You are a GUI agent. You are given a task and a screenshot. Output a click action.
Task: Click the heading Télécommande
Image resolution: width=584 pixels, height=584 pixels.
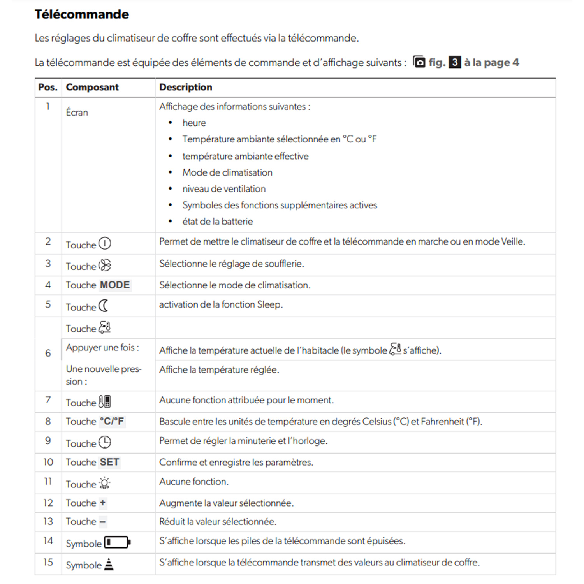coord(82,14)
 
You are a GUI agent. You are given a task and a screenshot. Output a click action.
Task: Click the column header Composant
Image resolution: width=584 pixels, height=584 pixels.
coord(92,87)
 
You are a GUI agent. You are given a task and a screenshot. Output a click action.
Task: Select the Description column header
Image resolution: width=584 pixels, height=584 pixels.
coord(186,87)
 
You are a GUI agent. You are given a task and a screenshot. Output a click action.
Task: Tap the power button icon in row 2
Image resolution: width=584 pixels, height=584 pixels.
coord(105,244)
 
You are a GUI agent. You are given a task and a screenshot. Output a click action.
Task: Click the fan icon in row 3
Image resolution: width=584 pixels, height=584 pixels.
coord(105,266)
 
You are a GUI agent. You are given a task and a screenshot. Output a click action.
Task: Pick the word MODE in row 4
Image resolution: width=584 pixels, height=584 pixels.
coord(115,285)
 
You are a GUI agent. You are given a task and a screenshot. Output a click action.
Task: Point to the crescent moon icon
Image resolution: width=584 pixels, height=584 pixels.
coord(104,306)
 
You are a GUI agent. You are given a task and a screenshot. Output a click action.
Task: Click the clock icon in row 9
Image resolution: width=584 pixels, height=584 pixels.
coord(105,442)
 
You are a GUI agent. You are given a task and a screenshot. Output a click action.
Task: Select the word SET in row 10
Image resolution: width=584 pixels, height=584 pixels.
coord(109,462)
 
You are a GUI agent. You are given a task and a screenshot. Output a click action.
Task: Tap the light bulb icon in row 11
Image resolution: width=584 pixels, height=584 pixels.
coord(104,484)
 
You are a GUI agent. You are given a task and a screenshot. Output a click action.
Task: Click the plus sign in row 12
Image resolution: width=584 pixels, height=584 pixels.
coord(102,503)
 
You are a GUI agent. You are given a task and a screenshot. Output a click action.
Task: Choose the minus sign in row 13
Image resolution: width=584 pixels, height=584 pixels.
coord(102,522)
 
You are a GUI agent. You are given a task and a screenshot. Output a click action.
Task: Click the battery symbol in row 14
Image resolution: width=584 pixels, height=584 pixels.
coord(117,542)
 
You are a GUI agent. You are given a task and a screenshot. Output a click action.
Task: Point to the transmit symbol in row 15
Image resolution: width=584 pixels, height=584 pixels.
coord(109,564)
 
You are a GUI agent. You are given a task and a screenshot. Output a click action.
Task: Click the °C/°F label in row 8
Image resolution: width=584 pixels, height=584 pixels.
coord(112,421)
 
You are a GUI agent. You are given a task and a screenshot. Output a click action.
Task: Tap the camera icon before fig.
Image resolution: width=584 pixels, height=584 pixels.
coord(419,62)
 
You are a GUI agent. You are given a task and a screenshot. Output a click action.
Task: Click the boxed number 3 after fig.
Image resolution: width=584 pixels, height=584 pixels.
coord(454,62)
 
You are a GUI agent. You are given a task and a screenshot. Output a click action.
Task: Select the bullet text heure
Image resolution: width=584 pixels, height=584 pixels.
coord(194,123)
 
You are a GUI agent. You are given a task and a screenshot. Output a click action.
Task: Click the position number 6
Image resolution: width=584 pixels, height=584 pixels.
coord(48,353)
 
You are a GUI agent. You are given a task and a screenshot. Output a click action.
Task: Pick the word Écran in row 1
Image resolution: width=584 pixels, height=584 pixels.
coord(77,113)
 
